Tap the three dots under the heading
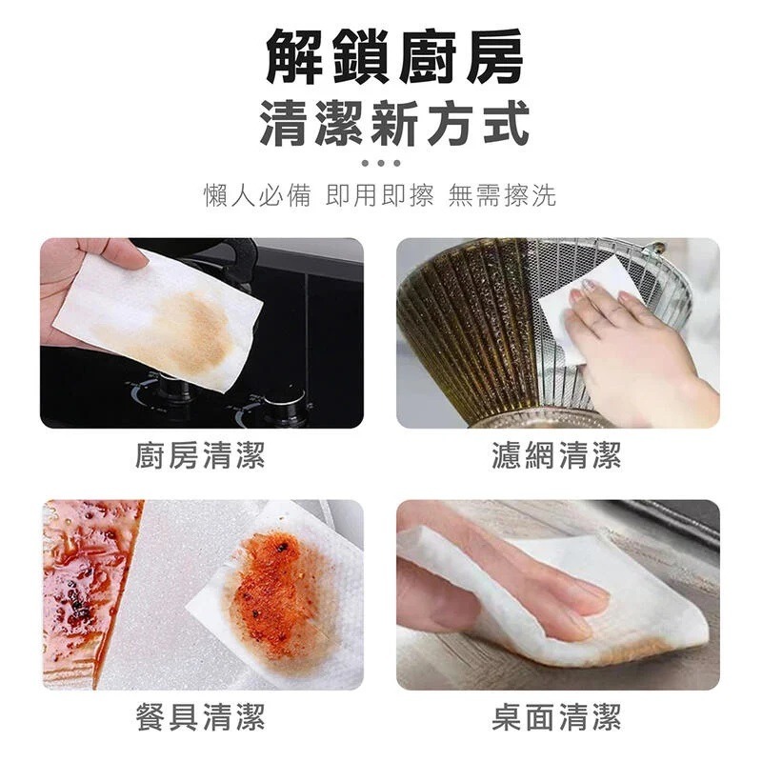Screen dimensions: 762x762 (381, 163)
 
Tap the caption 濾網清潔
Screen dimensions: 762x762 (557, 455)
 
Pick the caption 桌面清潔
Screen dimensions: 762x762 (557, 716)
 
